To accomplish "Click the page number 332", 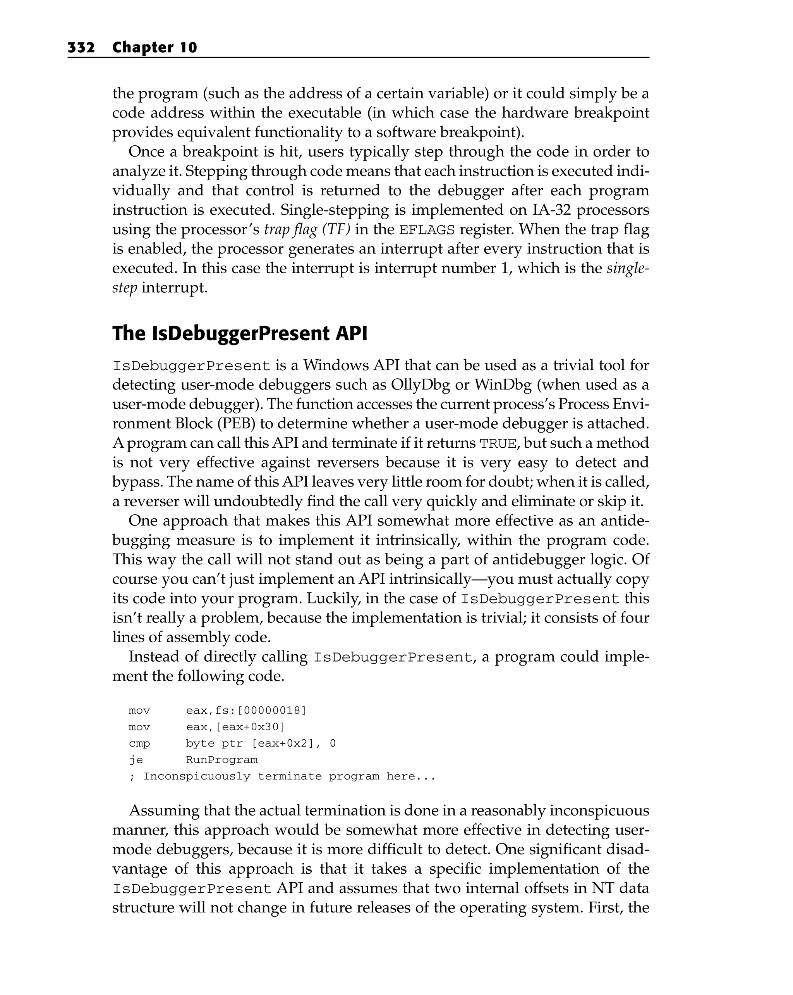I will point(81,48).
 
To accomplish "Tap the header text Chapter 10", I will point(154,48).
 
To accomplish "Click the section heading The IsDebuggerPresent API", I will point(240,334).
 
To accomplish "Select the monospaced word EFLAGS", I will point(427,230).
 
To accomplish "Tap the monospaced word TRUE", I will point(498,443).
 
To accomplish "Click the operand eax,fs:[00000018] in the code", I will point(246,710).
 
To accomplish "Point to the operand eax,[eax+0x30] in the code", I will point(235,727).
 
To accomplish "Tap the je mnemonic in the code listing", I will point(136,760).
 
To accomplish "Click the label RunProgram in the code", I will point(222,760).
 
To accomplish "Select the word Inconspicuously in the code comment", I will point(197,776).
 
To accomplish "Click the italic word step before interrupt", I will point(124,288).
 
